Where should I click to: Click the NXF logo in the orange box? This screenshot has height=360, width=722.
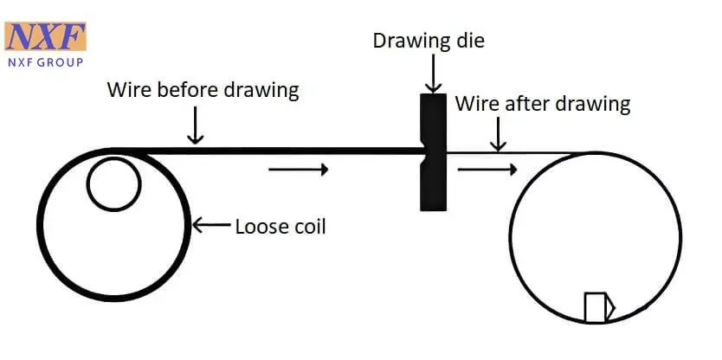[45, 36]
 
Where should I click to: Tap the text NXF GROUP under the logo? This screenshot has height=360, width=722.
[46, 62]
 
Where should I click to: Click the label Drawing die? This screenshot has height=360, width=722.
[429, 41]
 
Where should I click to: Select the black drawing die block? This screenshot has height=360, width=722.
[434, 152]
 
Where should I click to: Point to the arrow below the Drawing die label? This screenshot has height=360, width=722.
[434, 74]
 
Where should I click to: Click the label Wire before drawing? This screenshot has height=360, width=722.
[203, 89]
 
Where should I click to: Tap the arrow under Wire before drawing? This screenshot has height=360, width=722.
[196, 125]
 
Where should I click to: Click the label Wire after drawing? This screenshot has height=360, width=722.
[543, 104]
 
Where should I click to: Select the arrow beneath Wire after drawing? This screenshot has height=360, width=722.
[497, 134]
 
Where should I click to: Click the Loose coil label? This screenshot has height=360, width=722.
[280, 227]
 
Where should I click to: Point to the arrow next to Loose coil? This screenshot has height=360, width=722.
[211, 226]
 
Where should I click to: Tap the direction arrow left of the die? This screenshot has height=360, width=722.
[299, 170]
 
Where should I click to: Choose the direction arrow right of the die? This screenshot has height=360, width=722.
[487, 170]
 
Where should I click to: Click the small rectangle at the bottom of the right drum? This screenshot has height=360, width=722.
[595, 307]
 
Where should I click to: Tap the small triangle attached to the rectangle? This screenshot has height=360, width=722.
[610, 306]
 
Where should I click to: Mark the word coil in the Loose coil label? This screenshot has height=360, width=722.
[309, 227]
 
